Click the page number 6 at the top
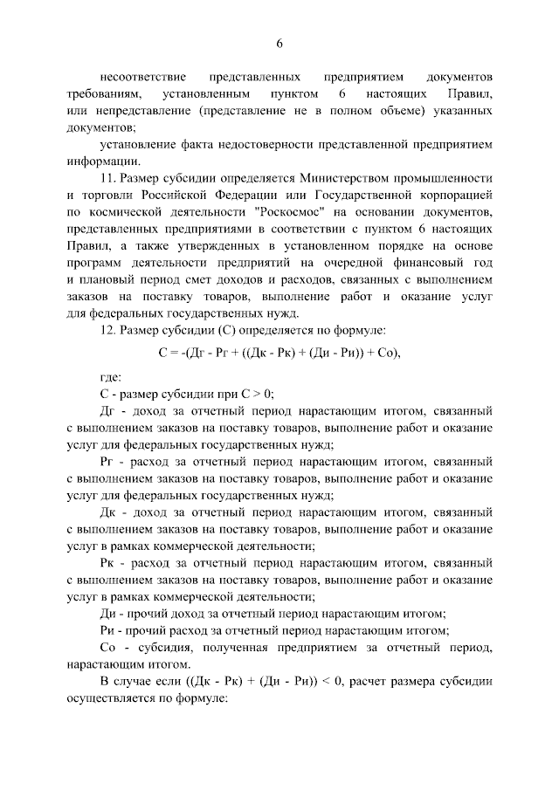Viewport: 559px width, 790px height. pyautogui.click(x=279, y=43)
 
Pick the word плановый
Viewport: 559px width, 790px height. pyautogui.click(x=114, y=281)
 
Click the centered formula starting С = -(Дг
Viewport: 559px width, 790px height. pyautogui.click(x=279, y=354)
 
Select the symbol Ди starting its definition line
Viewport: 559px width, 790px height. pyautogui.click(x=108, y=614)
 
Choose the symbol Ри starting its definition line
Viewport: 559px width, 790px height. pyautogui.click(x=107, y=630)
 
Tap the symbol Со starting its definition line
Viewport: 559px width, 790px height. pyautogui.click(x=108, y=648)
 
